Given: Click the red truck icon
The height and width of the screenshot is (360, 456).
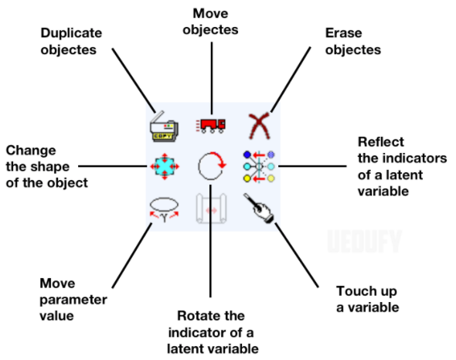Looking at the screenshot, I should (211, 125).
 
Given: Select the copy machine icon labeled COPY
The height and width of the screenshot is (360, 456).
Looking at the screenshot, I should (163, 127).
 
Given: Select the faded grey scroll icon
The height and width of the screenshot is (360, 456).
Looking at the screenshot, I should (211, 209).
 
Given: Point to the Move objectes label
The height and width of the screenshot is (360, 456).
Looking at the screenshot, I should (210, 22).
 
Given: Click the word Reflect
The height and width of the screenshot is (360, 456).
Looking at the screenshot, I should (379, 141).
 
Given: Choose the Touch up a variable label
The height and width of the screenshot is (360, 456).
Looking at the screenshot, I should (367, 299).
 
